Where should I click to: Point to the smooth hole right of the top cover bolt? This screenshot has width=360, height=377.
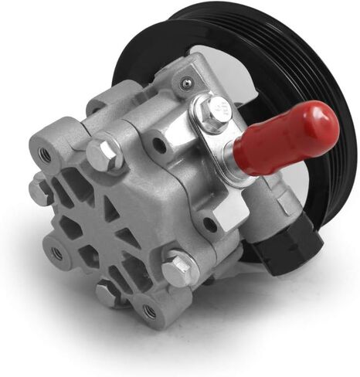[x=158, y=144]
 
